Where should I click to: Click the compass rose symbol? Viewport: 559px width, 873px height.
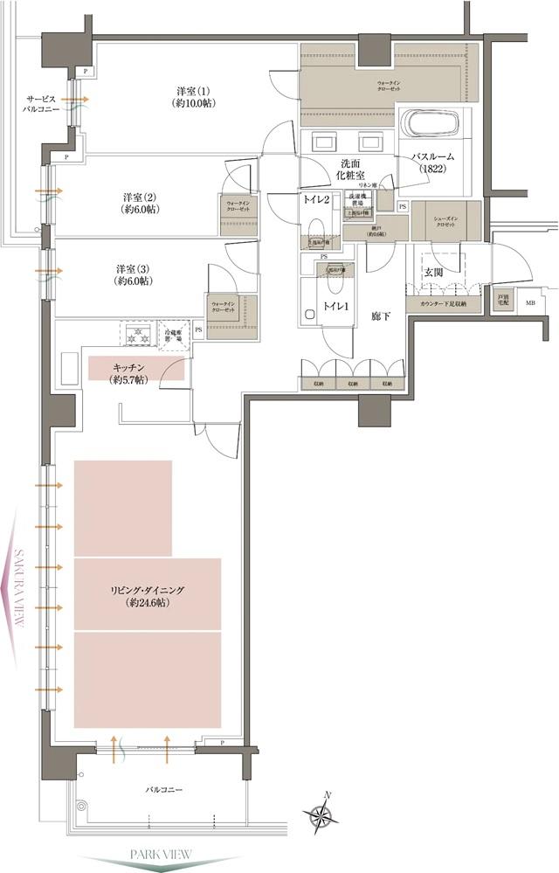click(322, 814)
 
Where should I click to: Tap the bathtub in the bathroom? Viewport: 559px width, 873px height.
click(433, 124)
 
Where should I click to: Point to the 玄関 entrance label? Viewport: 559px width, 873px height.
click(435, 273)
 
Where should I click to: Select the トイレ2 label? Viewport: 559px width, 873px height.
click(317, 199)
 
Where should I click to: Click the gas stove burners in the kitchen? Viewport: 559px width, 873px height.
click(136, 333)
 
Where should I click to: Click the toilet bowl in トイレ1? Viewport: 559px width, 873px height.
click(310, 312)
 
